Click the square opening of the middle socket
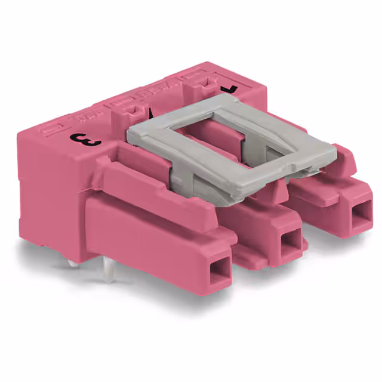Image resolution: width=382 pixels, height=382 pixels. (x=291, y=241)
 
